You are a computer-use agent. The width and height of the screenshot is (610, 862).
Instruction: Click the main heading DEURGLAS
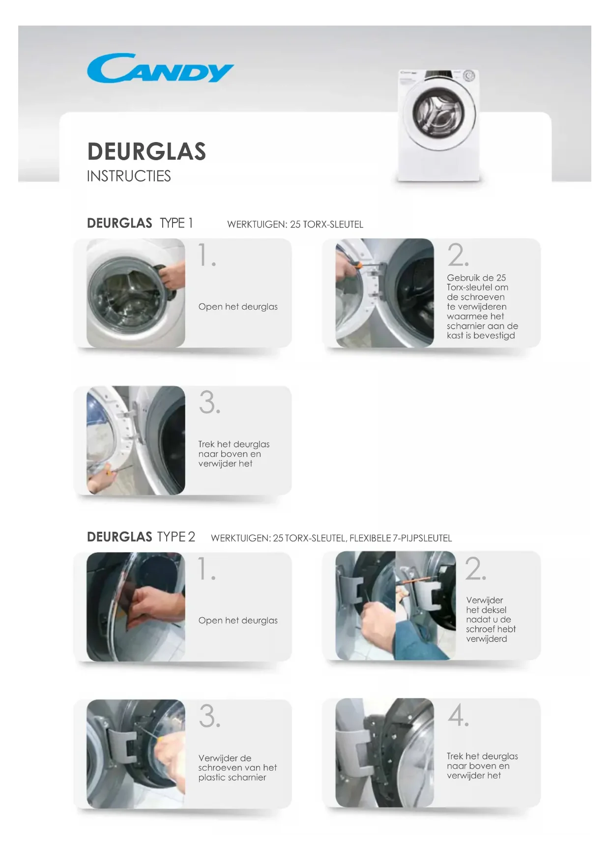pos(146,151)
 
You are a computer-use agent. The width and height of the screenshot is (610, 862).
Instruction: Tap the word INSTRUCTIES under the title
pos(129,176)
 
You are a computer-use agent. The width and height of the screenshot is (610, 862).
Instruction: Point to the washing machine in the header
pos(437,125)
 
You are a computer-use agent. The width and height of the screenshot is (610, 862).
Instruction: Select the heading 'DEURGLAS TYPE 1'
pos(140,223)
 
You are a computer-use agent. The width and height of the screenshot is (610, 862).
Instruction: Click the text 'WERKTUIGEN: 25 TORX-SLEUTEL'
pos(295,225)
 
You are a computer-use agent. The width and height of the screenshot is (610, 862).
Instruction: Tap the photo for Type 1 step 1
pos(136,293)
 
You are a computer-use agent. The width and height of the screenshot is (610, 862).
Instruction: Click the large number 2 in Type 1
pos(458,255)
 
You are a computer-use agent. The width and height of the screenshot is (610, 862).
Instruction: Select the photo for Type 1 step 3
pos(136,440)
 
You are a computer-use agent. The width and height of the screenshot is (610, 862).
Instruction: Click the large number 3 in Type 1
pos(209,402)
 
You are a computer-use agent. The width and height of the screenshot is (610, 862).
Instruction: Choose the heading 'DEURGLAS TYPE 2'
pos(141,537)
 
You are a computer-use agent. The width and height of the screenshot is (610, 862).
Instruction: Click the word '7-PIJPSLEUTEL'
pos(422,538)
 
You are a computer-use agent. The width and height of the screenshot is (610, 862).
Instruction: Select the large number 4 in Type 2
pos(458,715)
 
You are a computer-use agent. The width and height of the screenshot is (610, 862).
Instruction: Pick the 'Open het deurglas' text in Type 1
pos(238,307)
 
